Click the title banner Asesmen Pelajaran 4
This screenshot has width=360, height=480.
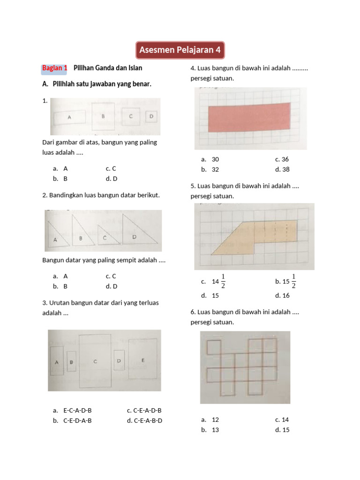(180, 50)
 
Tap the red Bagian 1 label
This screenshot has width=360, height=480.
(54, 68)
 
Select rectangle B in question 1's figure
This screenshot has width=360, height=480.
(103, 116)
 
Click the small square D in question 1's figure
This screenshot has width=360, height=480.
(151, 116)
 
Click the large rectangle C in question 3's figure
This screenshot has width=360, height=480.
(95, 361)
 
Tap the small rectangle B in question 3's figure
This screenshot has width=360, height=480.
(71, 361)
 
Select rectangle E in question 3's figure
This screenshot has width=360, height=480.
(142, 359)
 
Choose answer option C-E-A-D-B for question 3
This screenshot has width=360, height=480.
(147, 410)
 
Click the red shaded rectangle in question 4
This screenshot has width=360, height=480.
(249, 118)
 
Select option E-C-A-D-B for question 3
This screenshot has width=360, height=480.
(77, 410)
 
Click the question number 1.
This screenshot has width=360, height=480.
(45, 101)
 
